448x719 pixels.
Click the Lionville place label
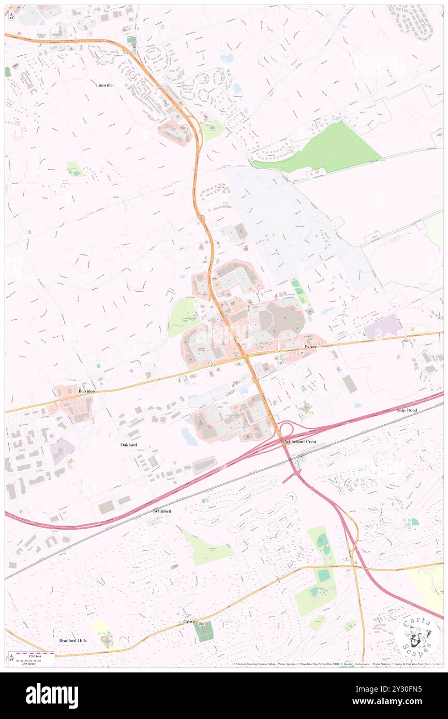coord(104,84)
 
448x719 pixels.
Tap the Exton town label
coord(310,347)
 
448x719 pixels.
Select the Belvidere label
coord(88,392)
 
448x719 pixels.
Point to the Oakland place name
coord(129,445)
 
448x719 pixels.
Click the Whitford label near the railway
coord(162,511)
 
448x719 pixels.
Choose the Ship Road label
coord(407,410)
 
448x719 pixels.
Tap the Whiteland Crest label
coord(301,442)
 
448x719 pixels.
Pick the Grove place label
coord(189,621)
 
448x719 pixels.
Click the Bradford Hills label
coord(73,640)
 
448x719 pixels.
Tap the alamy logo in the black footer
coord(52,696)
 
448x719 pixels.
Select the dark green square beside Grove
coord(204,631)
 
